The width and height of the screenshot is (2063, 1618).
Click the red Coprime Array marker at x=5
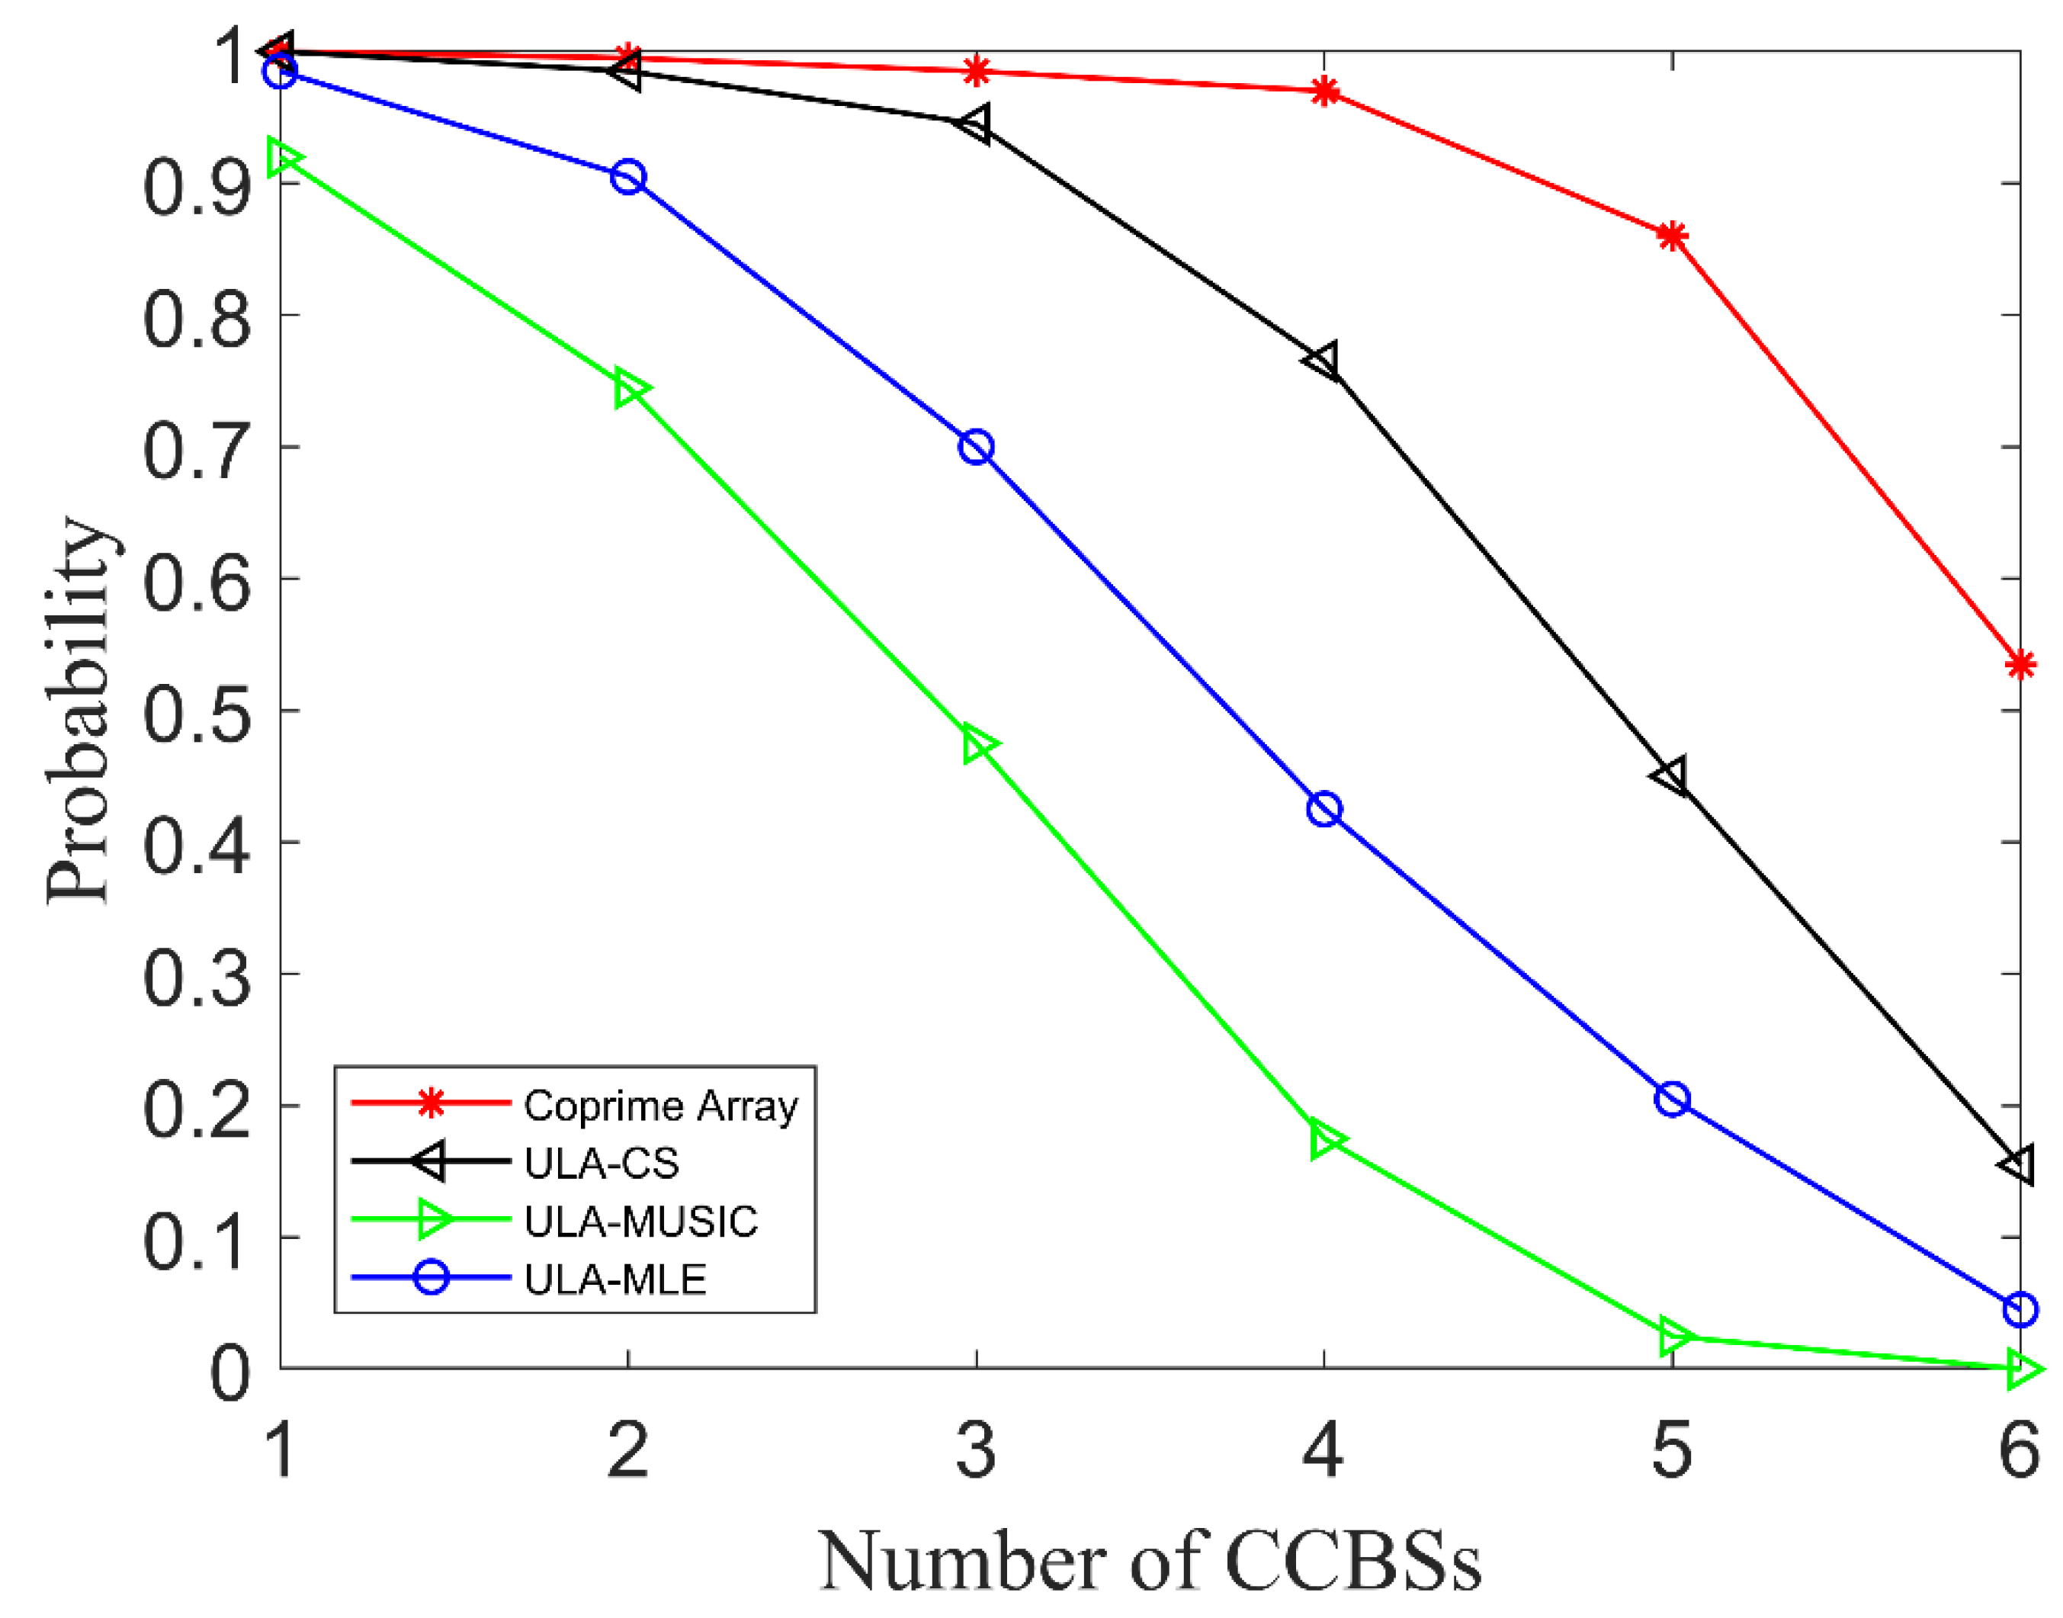coord(1672,236)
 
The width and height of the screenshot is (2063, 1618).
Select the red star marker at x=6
coord(2020,665)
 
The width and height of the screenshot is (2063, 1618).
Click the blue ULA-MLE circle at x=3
coord(976,447)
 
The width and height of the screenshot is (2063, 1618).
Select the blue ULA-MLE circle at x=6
coord(2020,1309)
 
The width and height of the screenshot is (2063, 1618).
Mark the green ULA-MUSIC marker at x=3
coord(980,746)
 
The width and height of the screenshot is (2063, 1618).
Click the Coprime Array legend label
coord(660,1106)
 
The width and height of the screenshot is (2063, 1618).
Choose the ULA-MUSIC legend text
coord(641,1222)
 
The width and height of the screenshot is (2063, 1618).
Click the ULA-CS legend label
coord(602,1164)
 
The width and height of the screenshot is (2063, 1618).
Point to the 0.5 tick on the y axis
coord(197,711)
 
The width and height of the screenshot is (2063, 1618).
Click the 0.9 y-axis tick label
coord(197,185)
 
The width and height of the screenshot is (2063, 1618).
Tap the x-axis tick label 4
coord(1322,1450)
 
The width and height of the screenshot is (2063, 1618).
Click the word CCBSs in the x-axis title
coord(1352,1561)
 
